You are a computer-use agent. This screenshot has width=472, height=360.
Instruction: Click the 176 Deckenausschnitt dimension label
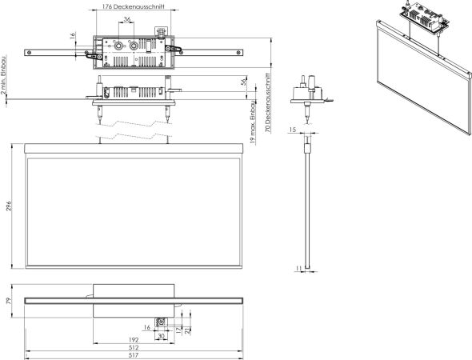click(x=133, y=6)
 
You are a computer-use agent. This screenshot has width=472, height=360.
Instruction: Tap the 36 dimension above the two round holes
click(x=127, y=19)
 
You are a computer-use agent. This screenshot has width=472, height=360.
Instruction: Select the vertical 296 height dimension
click(x=9, y=206)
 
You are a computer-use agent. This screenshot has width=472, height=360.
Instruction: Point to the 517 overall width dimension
click(x=134, y=355)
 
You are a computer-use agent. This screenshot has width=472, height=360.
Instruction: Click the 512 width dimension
click(x=134, y=347)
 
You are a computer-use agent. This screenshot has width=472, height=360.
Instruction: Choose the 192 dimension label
click(x=134, y=339)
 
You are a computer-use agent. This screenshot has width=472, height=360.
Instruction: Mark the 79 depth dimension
click(x=9, y=301)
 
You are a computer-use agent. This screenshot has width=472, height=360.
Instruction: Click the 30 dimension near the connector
click(x=161, y=336)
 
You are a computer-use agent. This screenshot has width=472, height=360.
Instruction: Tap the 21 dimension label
click(x=187, y=330)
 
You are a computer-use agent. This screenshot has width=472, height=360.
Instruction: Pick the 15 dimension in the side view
click(x=292, y=130)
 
